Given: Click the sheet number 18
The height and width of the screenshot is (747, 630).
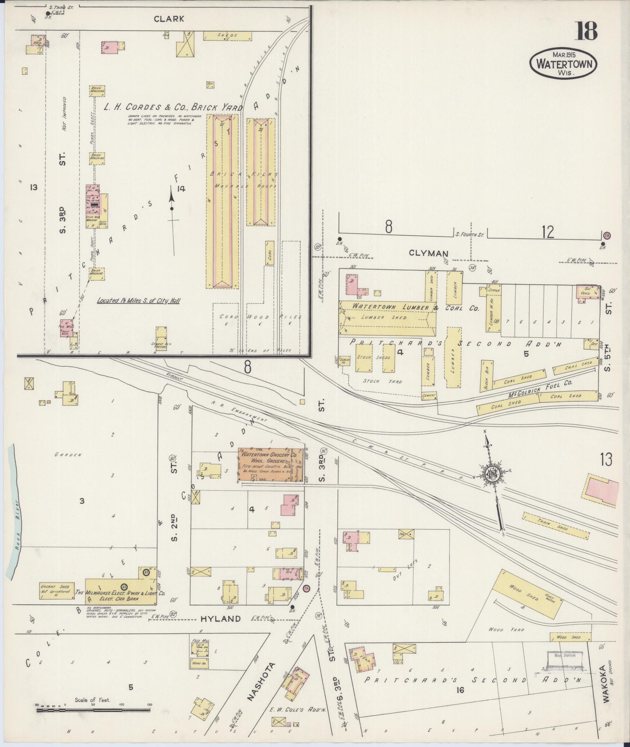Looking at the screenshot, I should (585, 31).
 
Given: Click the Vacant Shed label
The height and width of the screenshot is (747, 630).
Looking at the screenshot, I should (54, 597).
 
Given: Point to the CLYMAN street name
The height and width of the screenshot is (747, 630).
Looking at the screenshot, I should (428, 253).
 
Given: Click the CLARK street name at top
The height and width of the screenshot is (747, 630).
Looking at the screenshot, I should (168, 18).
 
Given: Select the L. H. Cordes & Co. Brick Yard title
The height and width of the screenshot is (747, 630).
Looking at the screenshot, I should (173, 107).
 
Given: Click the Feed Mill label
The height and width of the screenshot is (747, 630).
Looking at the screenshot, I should (198, 640).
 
